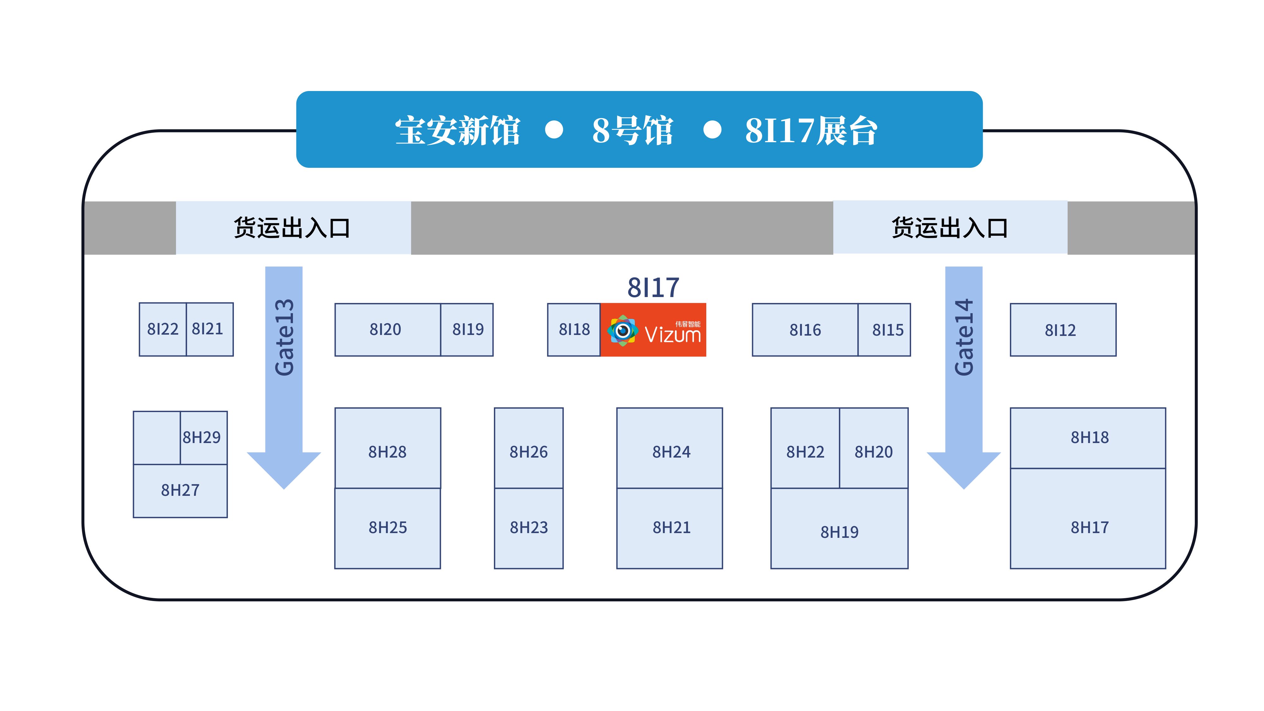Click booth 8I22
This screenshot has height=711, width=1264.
pyautogui.click(x=162, y=329)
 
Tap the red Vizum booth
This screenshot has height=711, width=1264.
pyautogui.click(x=653, y=330)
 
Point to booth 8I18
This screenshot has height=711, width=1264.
pyautogui.click(x=574, y=330)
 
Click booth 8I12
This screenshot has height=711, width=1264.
pyautogui.click(x=1063, y=330)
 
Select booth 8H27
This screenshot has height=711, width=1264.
pyautogui.click(x=180, y=490)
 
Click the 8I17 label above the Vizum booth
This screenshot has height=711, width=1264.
pyautogui.click(x=653, y=288)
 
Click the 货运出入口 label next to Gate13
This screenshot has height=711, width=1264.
pyautogui.click(x=292, y=228)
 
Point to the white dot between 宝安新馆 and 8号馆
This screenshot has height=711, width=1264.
pyautogui.click(x=554, y=130)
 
